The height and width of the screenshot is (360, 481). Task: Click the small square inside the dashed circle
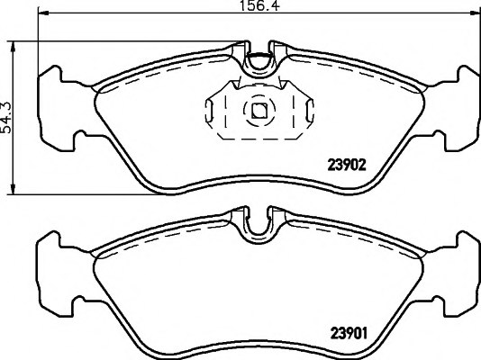click(259, 111)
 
